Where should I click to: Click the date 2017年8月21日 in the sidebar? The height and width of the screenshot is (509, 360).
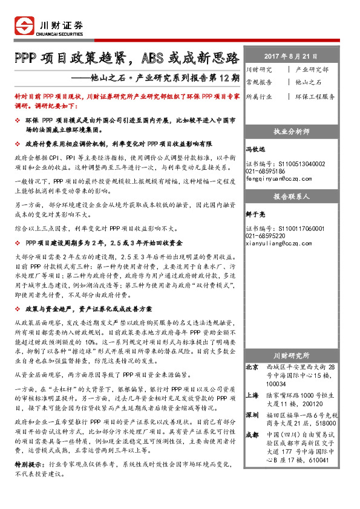(x=291, y=56)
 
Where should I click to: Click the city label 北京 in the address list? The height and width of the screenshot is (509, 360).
(x=252, y=368)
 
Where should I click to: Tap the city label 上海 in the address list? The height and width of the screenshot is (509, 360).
(x=252, y=395)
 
